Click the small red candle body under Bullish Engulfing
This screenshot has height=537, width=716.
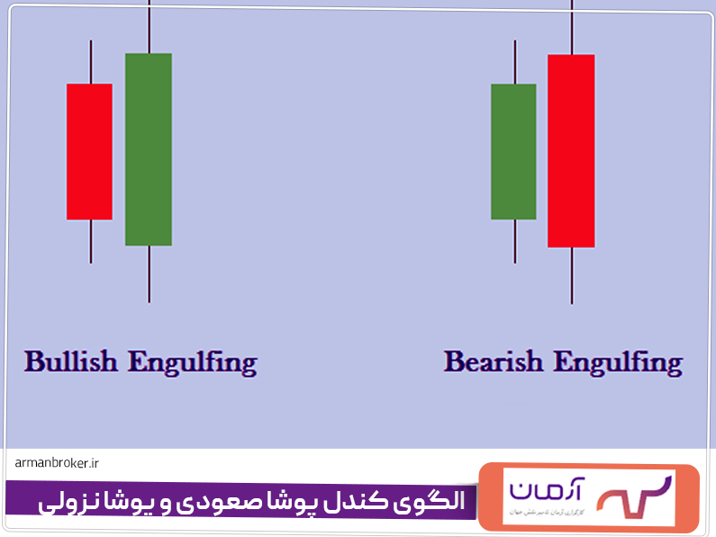click(x=89, y=151)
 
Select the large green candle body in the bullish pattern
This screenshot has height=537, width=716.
click(x=149, y=150)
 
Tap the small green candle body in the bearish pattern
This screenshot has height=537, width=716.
click(x=513, y=151)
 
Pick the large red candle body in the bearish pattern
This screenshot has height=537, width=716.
click(x=571, y=150)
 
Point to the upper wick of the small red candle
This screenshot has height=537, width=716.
click(x=91, y=61)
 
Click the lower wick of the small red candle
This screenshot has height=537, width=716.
click(x=91, y=241)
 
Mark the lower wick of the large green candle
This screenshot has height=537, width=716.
click(x=149, y=274)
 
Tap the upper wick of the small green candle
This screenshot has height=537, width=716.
click(x=514, y=61)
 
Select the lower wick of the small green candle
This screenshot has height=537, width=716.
click(x=514, y=241)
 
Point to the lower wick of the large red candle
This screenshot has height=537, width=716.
click(x=572, y=275)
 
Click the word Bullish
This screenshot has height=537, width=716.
click(x=71, y=362)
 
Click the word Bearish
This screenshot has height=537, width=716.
click(x=494, y=362)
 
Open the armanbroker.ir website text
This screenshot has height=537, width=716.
click(x=57, y=463)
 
